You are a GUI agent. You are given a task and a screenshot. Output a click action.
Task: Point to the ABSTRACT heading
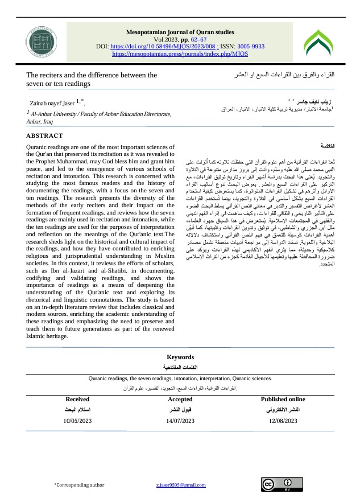click(x=45, y=136)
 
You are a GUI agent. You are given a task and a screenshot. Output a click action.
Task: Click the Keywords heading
click(x=180, y=357)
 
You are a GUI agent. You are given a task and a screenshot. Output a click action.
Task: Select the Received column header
click(x=77, y=400)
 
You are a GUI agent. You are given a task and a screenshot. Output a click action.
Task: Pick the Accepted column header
click(x=180, y=400)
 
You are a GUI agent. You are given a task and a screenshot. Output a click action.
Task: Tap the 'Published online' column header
click(x=283, y=400)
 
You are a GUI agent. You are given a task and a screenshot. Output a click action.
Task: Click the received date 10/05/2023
click(x=77, y=421)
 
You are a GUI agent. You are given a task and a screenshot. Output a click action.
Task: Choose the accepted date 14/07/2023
click(x=180, y=421)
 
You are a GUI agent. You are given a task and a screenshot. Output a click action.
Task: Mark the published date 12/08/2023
click(x=283, y=421)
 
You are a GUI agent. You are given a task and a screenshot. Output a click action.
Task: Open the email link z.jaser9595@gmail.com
click(x=181, y=484)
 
